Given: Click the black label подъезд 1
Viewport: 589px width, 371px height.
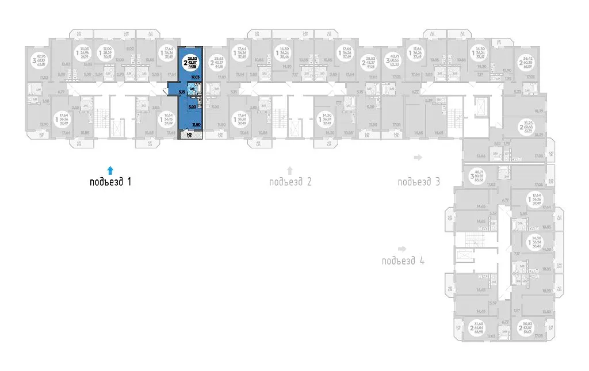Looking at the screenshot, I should pos(111,183).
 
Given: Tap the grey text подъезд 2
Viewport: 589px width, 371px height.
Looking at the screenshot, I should pos(290,183).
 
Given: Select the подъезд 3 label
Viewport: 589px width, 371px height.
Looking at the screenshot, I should pos(418,182).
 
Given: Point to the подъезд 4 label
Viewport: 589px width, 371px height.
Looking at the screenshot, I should pos(403,261).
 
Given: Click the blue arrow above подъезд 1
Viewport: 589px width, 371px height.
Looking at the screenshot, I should pos(110,170).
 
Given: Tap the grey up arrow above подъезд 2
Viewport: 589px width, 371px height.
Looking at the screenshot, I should pos(290,170).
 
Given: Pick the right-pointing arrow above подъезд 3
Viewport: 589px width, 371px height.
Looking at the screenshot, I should pos(418,157).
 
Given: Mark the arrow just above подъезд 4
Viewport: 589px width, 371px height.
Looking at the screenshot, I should pos(402,249).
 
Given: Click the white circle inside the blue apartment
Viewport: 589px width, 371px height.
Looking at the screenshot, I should pos(190,61).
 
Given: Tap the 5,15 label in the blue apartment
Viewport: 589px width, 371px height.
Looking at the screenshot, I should pos(181,91).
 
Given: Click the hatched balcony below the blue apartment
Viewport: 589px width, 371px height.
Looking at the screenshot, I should pos(189,136).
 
